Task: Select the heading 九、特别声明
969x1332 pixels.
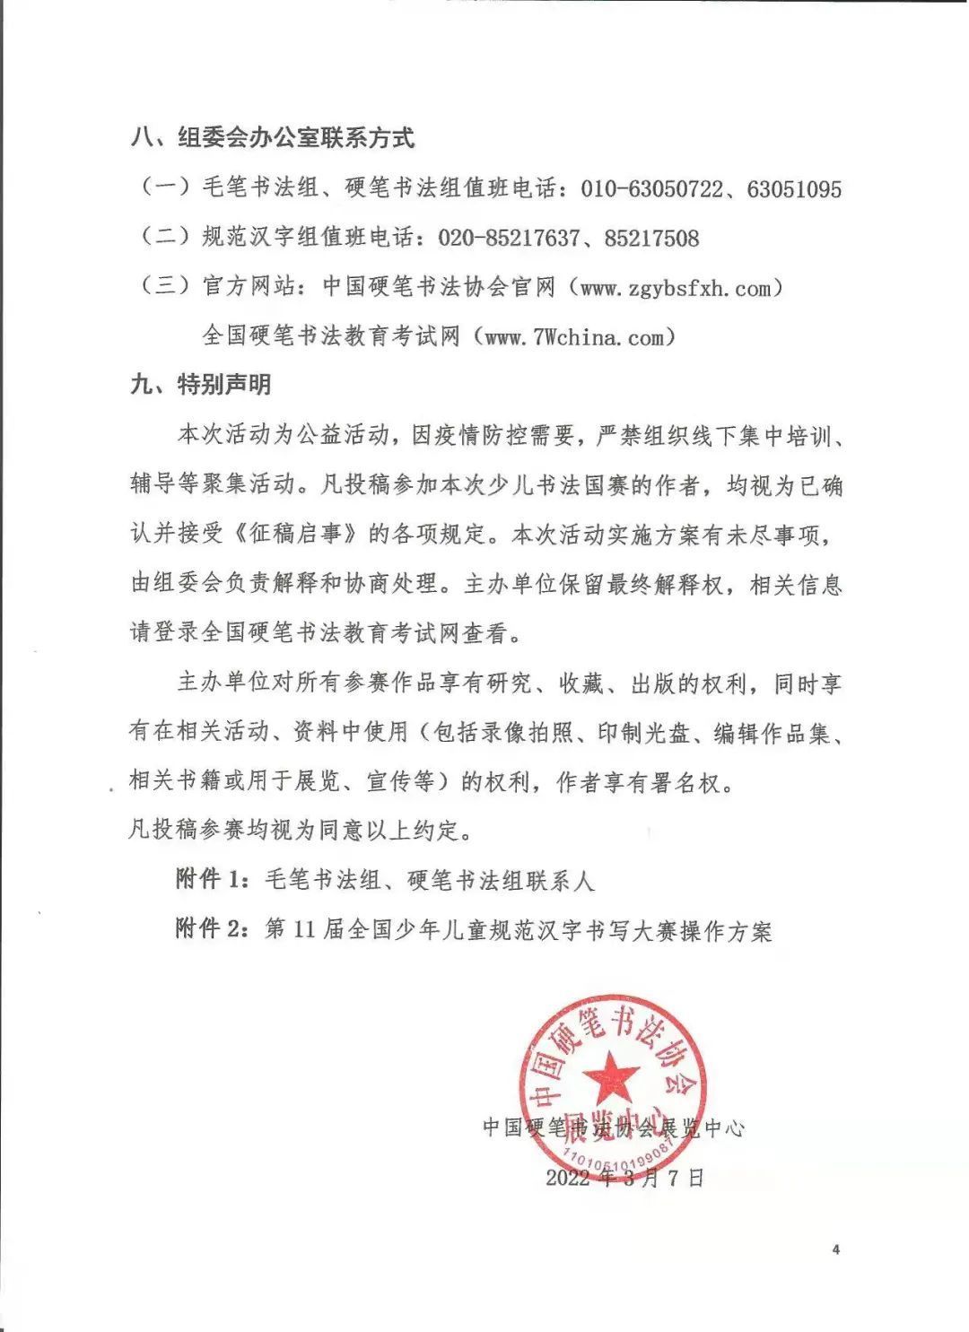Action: coord(200,386)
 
